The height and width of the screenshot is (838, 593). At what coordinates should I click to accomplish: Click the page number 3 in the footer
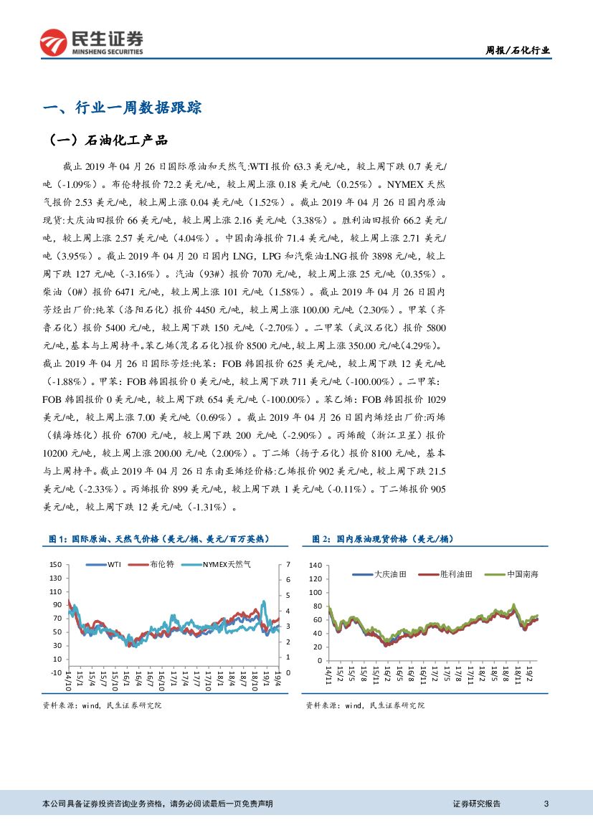pos(546,804)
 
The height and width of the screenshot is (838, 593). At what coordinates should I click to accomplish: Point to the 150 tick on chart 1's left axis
pos(56,565)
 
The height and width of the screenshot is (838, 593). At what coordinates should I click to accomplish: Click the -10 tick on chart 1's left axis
pos(56,672)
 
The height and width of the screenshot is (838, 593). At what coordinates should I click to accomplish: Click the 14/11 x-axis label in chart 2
pos(328,675)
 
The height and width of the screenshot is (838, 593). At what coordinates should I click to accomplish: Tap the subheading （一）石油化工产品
pos(108,140)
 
